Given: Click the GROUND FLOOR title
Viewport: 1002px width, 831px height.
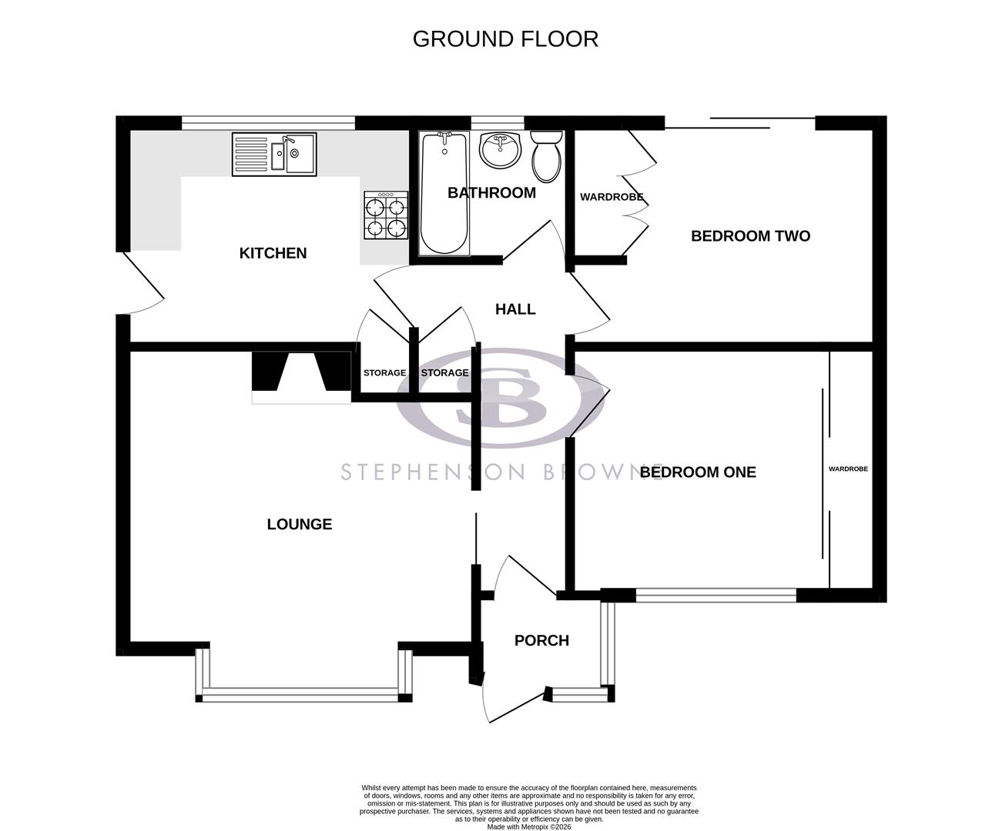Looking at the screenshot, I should click(505, 39).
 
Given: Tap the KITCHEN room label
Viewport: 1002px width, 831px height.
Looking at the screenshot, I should click(273, 253).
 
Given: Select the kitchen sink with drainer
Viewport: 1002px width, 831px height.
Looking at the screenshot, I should click(273, 154).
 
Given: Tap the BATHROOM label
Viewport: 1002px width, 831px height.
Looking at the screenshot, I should click(491, 193).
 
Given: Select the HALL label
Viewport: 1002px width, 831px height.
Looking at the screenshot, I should click(515, 309).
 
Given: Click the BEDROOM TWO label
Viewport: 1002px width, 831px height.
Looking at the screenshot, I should click(750, 236).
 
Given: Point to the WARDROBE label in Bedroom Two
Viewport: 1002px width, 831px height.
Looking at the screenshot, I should click(612, 198).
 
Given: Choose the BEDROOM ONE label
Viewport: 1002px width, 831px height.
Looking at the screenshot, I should click(698, 472).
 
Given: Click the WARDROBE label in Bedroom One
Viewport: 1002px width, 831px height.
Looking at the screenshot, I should click(848, 469).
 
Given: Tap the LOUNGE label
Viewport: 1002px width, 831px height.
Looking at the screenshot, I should click(300, 525).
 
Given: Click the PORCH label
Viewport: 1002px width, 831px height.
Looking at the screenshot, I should click(541, 641).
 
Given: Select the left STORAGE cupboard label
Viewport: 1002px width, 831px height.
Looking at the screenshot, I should click(384, 373).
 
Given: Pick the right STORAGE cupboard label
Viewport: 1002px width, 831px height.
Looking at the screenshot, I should click(444, 373).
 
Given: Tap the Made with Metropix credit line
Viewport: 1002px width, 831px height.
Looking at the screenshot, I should click(529, 826).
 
